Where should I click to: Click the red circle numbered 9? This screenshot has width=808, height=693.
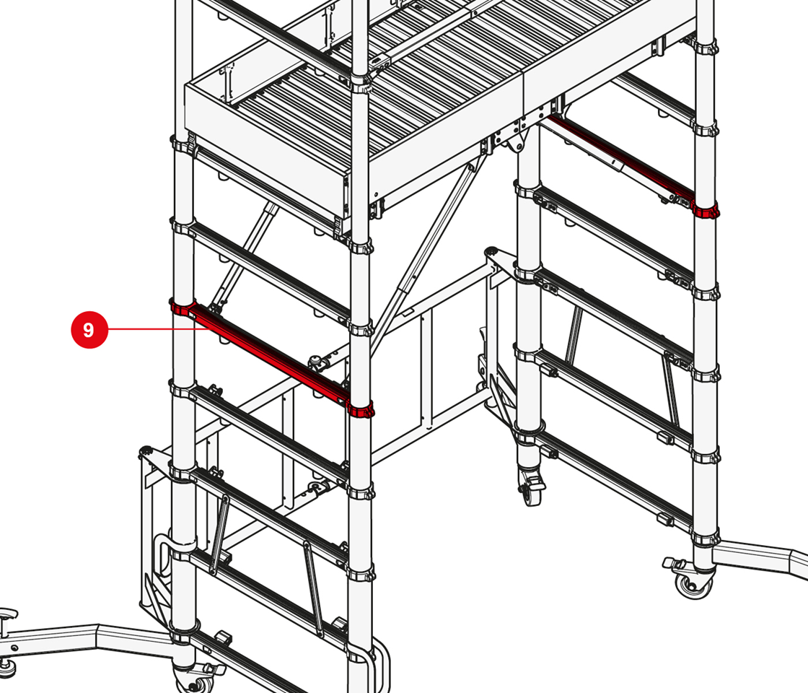pyautogui.click(x=89, y=329)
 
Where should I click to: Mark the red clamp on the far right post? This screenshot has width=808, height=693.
pyautogui.click(x=705, y=210)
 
